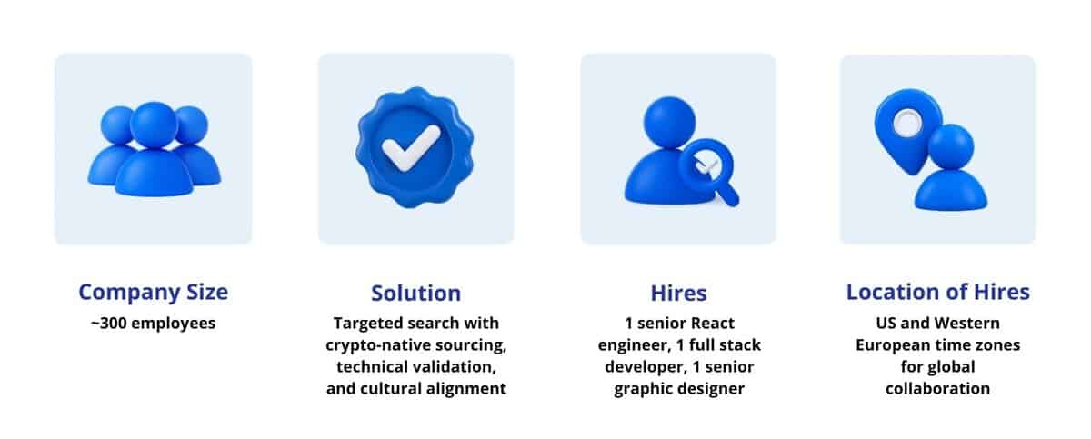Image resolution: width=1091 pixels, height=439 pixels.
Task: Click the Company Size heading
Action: pyautogui.click(x=153, y=292)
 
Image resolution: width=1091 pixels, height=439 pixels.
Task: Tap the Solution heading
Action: pyautogui.click(x=415, y=293)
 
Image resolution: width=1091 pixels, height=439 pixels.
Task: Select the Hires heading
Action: pyautogui.click(x=678, y=293)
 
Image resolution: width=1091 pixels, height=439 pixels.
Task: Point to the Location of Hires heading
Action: pyautogui.click(x=937, y=292)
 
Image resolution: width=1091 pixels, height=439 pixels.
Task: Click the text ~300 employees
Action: pyautogui.click(x=153, y=323)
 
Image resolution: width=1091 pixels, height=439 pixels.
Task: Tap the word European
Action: pyautogui.click(x=894, y=345)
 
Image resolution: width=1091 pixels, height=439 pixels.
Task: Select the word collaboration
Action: pyautogui.click(x=938, y=388)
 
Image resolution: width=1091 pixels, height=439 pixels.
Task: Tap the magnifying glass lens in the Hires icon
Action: pyautogui.click(x=704, y=164)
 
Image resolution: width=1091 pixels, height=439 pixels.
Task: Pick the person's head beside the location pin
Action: pyautogui.click(x=951, y=145)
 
